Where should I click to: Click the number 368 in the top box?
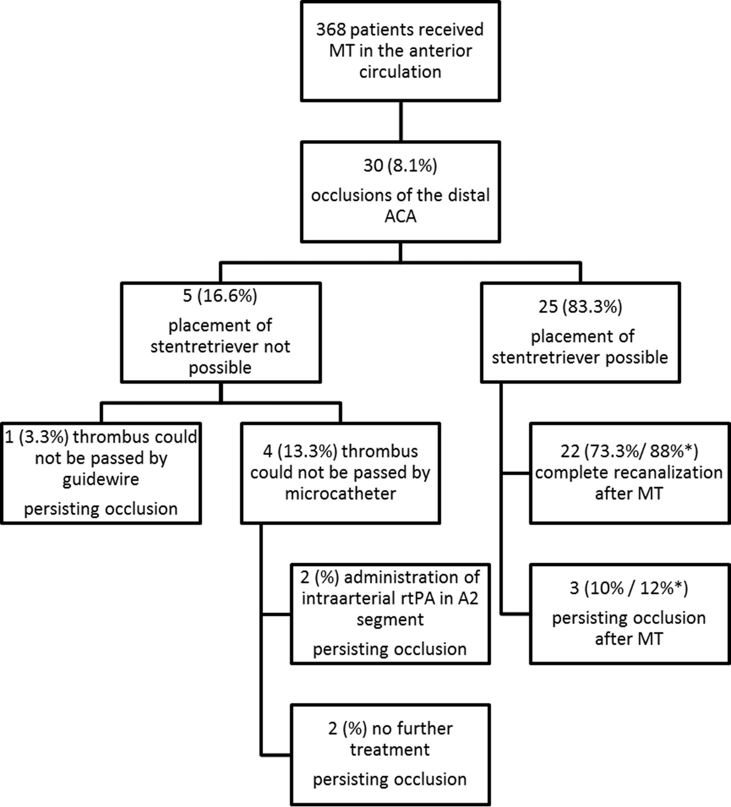click(331, 30)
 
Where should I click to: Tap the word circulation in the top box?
click(400, 72)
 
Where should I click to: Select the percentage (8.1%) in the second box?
click(412, 166)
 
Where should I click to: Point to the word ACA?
click(400, 217)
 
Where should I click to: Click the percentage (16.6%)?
click(226, 296)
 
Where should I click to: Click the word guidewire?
click(101, 480)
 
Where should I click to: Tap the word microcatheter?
click(341, 494)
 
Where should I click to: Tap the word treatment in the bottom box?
click(390, 750)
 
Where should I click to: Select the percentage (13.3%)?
click(307, 451)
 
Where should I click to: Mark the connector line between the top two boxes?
click(400, 121)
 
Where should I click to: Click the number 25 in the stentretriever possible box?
click(548, 307)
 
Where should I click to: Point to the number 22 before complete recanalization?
click(570, 451)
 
